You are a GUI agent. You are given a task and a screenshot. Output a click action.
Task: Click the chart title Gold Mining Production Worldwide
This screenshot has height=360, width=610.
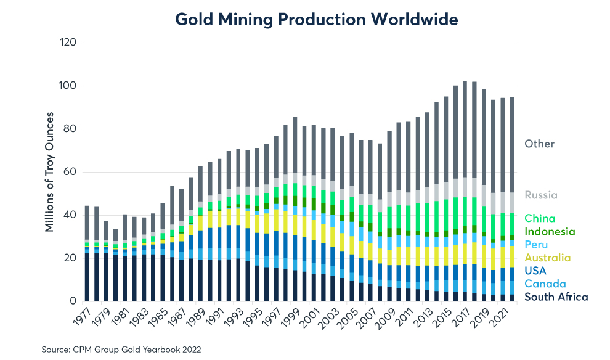pos(317,19)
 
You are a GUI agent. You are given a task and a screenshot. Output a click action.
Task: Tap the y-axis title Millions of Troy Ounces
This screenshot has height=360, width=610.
pos(49,172)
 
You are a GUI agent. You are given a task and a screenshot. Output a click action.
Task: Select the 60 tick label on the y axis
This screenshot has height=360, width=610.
pos(70,173)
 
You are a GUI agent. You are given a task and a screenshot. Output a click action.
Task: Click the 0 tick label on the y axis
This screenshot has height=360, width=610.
pos(72,301)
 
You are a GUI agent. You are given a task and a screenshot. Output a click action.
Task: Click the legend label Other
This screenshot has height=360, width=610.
pos(539,144)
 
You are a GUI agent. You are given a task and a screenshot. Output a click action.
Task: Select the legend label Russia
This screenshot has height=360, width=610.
pos(540,195)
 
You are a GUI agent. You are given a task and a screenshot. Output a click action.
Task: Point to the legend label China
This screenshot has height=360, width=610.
pos(540,218)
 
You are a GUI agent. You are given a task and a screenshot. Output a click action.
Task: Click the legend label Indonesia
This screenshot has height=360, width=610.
pos(549,232)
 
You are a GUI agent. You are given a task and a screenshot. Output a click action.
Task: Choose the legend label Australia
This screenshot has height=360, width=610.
pos(547,258)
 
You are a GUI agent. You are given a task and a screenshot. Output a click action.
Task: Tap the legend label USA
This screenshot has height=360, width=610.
pos(535,271)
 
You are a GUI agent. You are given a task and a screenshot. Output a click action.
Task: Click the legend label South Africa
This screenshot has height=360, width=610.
pos(556,297)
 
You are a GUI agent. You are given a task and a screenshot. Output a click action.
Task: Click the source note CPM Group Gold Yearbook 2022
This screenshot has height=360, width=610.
pos(121,349)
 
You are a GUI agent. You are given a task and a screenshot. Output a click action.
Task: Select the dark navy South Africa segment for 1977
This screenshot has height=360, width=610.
pos(87,277)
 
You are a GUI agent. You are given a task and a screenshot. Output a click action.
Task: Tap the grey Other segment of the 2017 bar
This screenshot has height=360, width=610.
pos(465,129)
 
